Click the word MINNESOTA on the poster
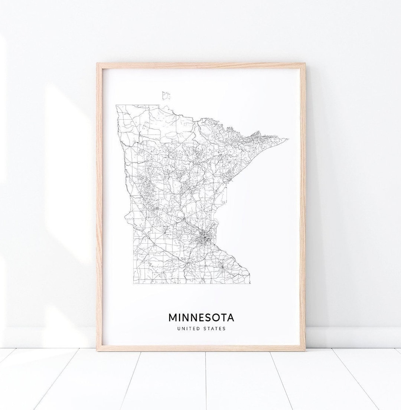click(201, 318)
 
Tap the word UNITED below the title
click(189, 328)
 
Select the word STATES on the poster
click(215, 328)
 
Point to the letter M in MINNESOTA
click(173, 318)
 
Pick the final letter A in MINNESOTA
click(231, 318)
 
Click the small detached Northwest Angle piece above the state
click(166, 95)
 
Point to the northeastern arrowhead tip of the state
click(288, 139)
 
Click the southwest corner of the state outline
click(133, 283)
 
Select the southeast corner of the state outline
click(250, 283)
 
